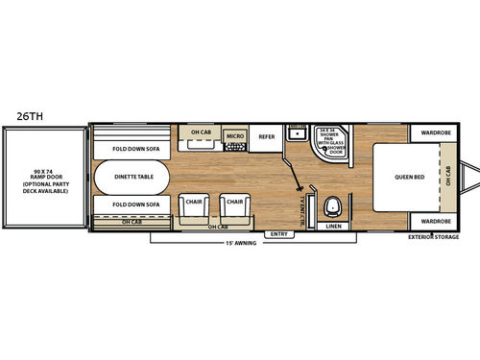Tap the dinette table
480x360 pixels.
coord(131,178)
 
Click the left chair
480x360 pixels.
coord(192,205)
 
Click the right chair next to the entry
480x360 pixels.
coord(233,205)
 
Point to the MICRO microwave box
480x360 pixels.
coord(235,137)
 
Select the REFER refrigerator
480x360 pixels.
coord(268,137)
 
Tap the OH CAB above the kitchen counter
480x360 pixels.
coord(202,132)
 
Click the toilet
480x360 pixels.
coord(333,204)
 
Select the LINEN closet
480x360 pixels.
coord(333,227)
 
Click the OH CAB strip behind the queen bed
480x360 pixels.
coord(447,178)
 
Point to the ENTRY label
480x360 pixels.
coord(278,232)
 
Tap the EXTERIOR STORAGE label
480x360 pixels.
coord(433,236)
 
